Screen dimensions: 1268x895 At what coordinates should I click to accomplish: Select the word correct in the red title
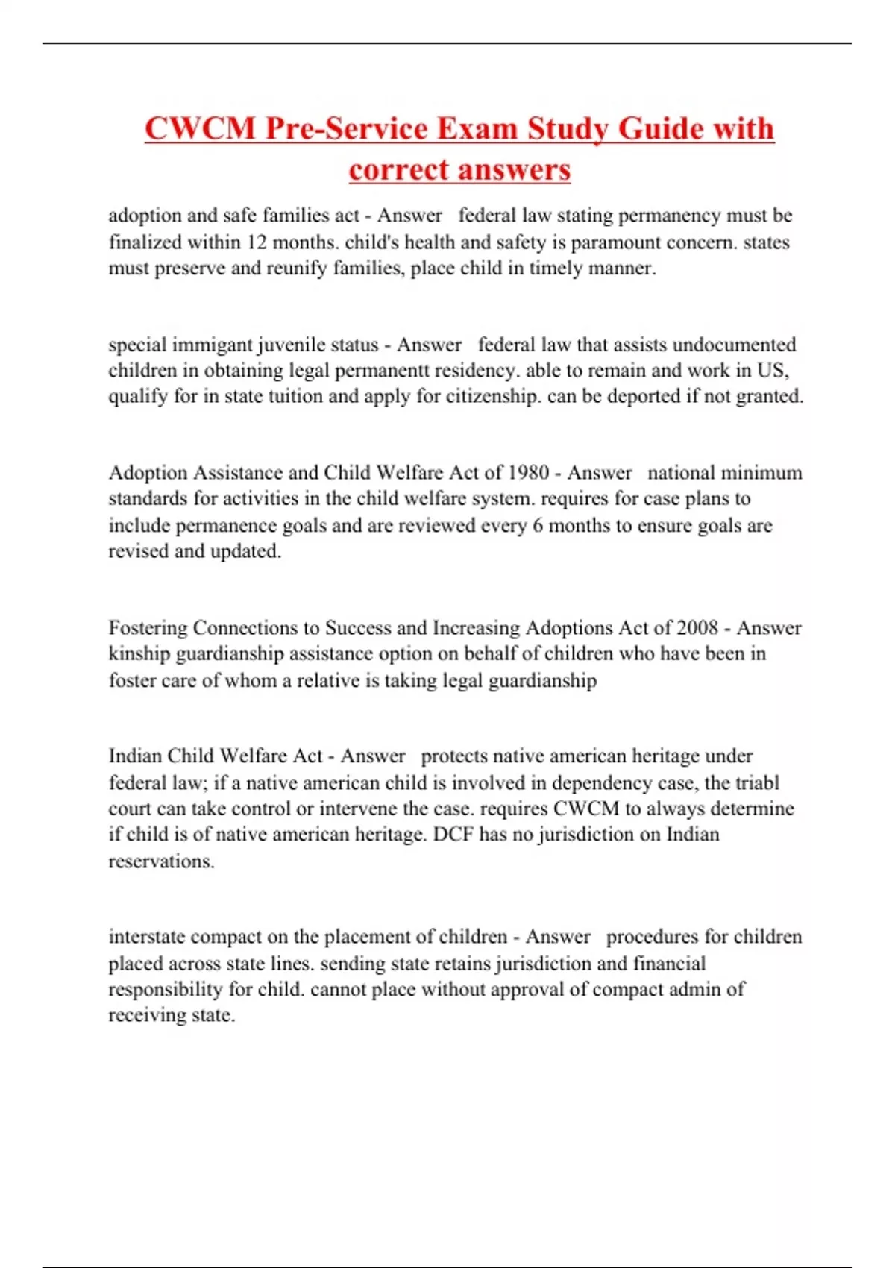pyautogui.click(x=401, y=169)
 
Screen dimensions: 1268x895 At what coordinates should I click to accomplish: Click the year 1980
pyautogui.click(x=528, y=473)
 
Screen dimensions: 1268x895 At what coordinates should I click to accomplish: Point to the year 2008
pyautogui.click(x=697, y=628)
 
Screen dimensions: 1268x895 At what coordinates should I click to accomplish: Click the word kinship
pyautogui.click(x=139, y=654)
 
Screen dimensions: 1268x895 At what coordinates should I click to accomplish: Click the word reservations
pyautogui.click(x=161, y=861)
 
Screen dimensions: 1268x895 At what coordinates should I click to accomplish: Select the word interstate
pyautogui.click(x=146, y=937)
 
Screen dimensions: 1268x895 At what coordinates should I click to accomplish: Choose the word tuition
pyautogui.click(x=293, y=396)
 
